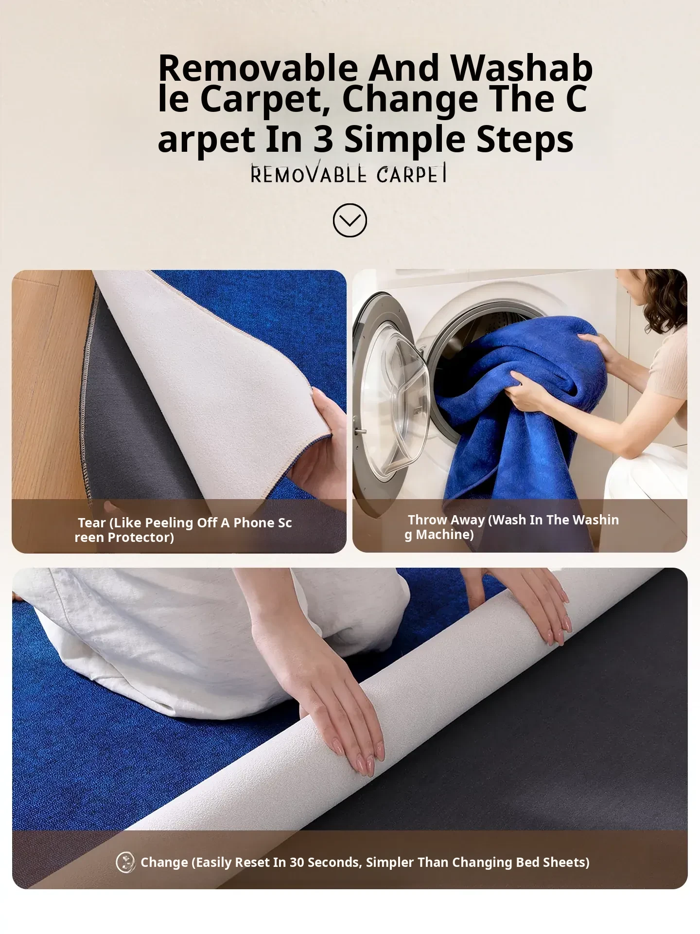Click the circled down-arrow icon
pos(350,220)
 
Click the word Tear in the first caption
pos(92,522)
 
